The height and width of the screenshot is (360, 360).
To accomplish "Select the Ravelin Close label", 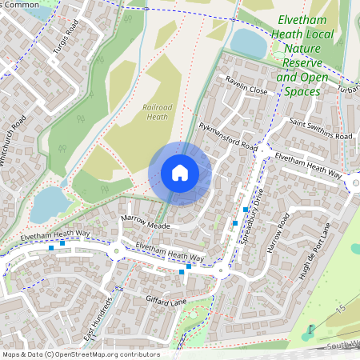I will point(247,91).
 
